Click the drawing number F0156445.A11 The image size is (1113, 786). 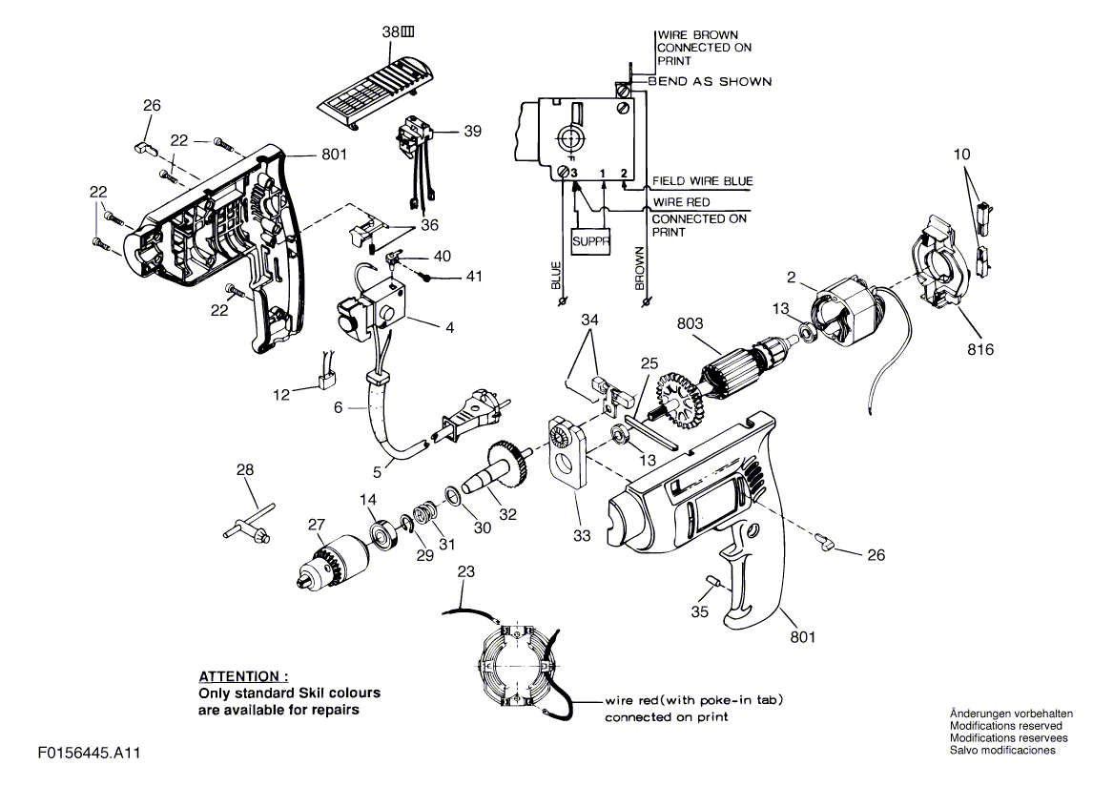pyautogui.click(x=91, y=753)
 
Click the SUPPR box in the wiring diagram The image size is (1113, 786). pyautogui.click(x=590, y=241)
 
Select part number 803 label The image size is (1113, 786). pyautogui.click(x=691, y=324)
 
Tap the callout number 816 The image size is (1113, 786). pyautogui.click(x=979, y=350)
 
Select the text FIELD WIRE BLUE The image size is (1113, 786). pyautogui.click(x=702, y=181)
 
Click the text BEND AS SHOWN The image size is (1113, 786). pyautogui.click(x=710, y=82)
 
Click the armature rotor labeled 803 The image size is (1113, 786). pyautogui.click(x=738, y=365)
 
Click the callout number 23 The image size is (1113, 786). pyautogui.click(x=465, y=572)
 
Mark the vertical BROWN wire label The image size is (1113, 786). pyautogui.click(x=640, y=269)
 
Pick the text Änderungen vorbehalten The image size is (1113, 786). pyautogui.click(x=1012, y=714)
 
